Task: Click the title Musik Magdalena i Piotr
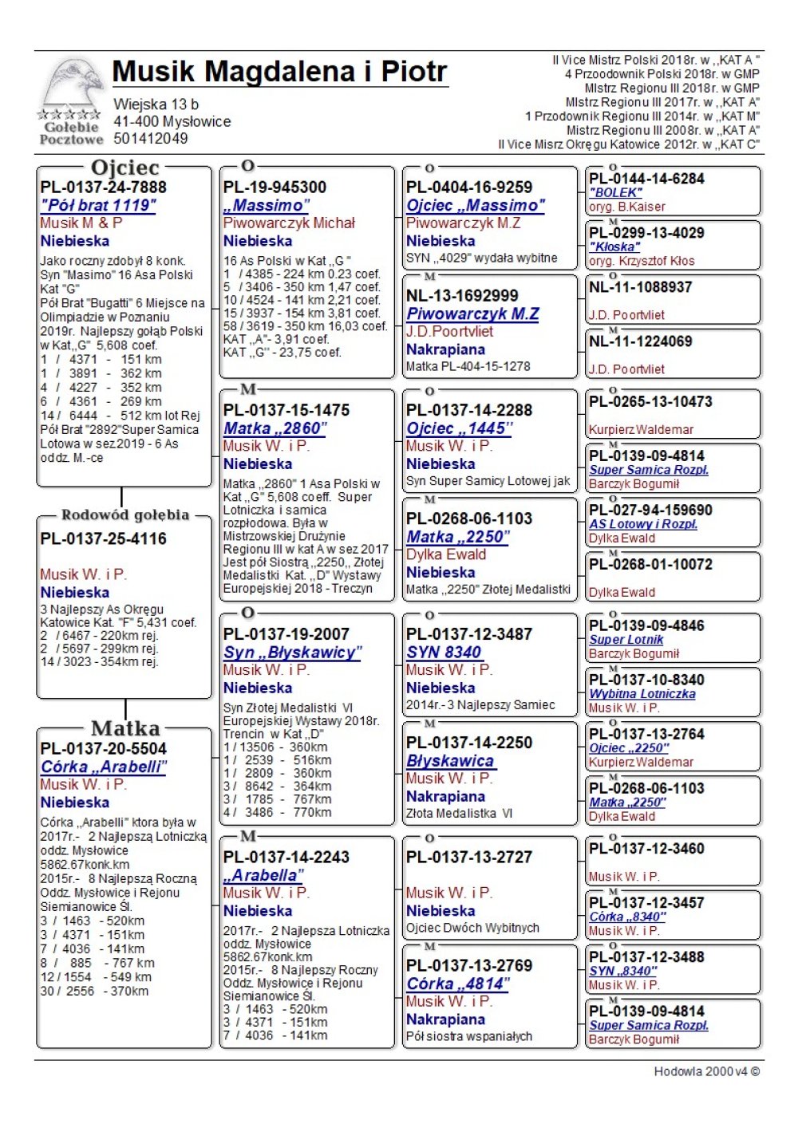coord(279,72)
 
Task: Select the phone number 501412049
coord(151,139)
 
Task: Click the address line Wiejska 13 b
coord(156,105)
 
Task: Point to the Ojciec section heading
coord(125,168)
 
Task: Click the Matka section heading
coord(125,728)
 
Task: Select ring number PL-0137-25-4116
coord(104,539)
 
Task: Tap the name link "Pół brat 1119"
coord(98,206)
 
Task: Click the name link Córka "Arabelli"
coord(104,767)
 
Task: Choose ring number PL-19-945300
coord(275,187)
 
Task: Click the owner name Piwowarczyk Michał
coord(289,223)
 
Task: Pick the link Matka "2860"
coord(275,428)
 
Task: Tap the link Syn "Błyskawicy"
coord(292,653)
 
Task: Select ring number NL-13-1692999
coord(462,296)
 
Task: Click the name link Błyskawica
coord(450,761)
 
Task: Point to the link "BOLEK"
coord(615,193)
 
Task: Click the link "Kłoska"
coord(614,247)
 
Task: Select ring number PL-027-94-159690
coord(650,511)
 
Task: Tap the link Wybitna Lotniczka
coord(642,694)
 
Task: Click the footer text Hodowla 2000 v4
coord(706,1071)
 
